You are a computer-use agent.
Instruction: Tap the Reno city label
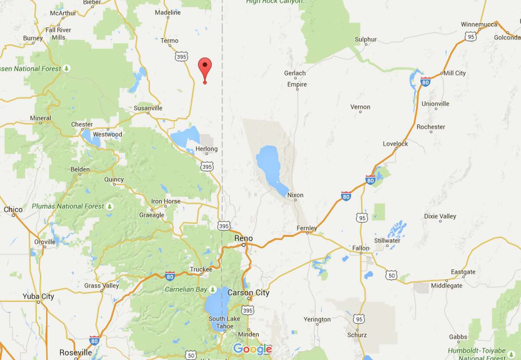[243, 238]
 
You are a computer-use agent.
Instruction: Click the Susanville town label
[148, 108]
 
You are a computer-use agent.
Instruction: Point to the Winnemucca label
[479, 24]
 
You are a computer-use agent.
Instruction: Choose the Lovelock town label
[395, 144]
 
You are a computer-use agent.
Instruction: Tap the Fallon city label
[360, 248]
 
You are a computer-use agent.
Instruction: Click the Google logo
[252, 349]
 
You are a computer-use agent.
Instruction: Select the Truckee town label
[201, 269]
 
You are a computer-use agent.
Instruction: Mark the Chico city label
[13, 209]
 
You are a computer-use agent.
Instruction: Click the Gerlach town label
[295, 73]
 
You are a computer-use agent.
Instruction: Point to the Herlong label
[207, 149]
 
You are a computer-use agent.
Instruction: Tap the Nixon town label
[295, 195]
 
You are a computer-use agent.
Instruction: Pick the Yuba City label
[38, 297]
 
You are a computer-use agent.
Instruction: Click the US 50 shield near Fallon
[391, 275]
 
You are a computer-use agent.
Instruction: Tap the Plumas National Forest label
[68, 206]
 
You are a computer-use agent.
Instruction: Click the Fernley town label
[307, 228]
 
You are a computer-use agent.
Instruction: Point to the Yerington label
[317, 320]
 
